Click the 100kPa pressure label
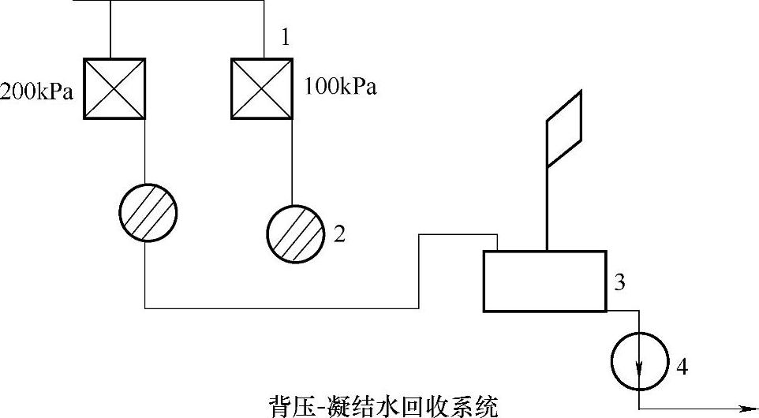pyautogui.click(x=340, y=87)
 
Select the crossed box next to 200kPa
pyautogui.click(x=114, y=88)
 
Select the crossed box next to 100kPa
pyautogui.click(x=262, y=88)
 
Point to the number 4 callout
pyautogui.click(x=683, y=366)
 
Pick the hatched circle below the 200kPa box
pyautogui.click(x=148, y=213)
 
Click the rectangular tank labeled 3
pyautogui.click(x=544, y=281)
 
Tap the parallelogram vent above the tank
pyautogui.click(x=564, y=129)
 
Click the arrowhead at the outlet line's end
pyautogui.click(x=747, y=409)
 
